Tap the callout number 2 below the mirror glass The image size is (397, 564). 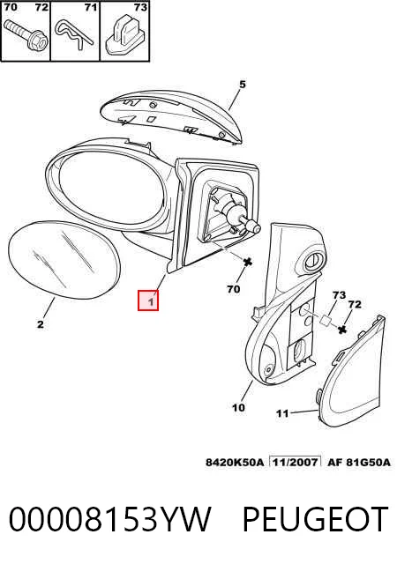41,324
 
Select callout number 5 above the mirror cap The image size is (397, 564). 243,85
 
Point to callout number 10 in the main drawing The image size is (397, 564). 238,408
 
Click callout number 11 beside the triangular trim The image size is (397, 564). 282,413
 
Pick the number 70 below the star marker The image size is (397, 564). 234,289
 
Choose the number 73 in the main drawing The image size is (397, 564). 339,295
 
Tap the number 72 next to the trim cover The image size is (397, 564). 355,305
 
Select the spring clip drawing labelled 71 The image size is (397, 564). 73,34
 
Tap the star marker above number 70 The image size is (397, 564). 248,263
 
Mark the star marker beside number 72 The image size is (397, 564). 342,329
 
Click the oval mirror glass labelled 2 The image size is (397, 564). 64,260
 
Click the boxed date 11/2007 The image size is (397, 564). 296,462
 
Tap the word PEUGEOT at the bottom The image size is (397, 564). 315,519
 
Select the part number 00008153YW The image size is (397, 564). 109,519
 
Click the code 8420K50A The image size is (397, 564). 235,462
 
